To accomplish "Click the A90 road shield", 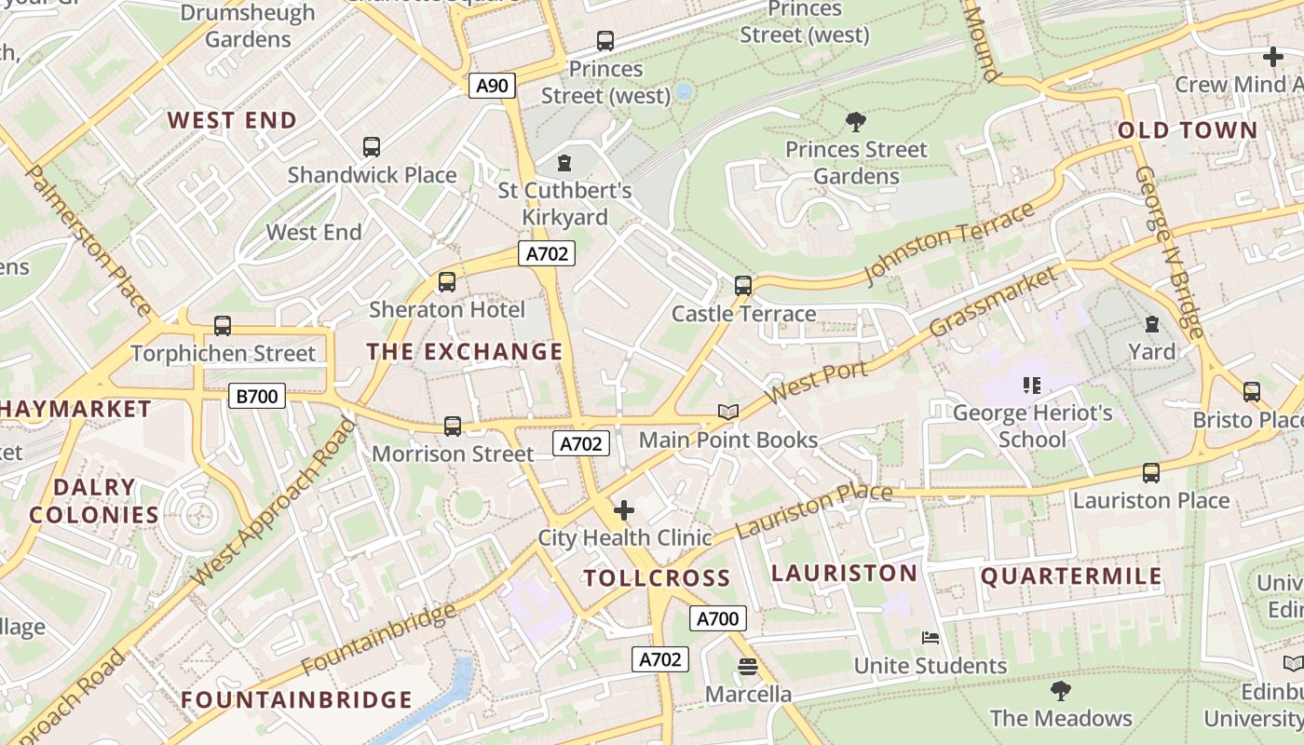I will (x=492, y=87).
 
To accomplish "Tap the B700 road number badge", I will (x=256, y=396).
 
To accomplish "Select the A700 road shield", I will (x=717, y=618).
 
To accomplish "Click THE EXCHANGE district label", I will (x=465, y=352).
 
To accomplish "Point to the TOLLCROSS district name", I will (x=657, y=578).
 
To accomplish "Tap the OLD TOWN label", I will (x=1188, y=130).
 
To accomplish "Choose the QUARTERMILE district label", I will (x=1071, y=576).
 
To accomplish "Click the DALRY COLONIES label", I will (x=93, y=501).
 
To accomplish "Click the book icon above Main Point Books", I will (x=727, y=412).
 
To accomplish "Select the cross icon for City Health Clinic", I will (x=624, y=510).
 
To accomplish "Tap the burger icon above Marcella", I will (x=747, y=667).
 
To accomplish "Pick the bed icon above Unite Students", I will (x=930, y=638).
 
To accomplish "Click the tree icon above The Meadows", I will (x=1060, y=690).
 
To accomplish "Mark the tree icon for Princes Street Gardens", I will (x=855, y=121).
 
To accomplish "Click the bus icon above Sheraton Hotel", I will (x=447, y=281).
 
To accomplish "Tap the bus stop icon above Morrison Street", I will (x=453, y=426).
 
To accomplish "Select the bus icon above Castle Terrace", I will (x=742, y=285).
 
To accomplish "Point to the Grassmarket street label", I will (x=994, y=302).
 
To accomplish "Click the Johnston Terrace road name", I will (x=950, y=242).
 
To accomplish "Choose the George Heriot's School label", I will (x=1032, y=426).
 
